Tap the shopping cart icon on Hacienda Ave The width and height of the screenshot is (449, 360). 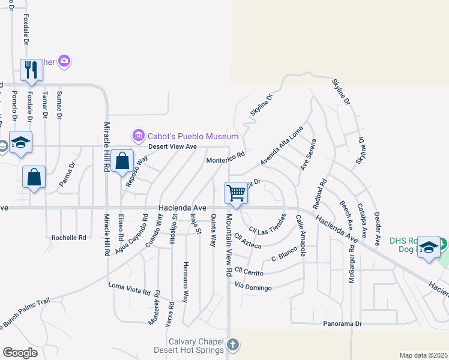point(237,193)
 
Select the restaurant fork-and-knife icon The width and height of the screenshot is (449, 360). point(31,70)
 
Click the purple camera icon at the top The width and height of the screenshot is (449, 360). point(64,61)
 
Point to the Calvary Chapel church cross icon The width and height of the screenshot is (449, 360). point(233,345)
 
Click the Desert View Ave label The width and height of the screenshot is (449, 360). point(173,146)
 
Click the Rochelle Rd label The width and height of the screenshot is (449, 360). point(68,237)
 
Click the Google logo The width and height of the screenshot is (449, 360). point(20,352)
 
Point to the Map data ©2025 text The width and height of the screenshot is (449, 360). point(423,355)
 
